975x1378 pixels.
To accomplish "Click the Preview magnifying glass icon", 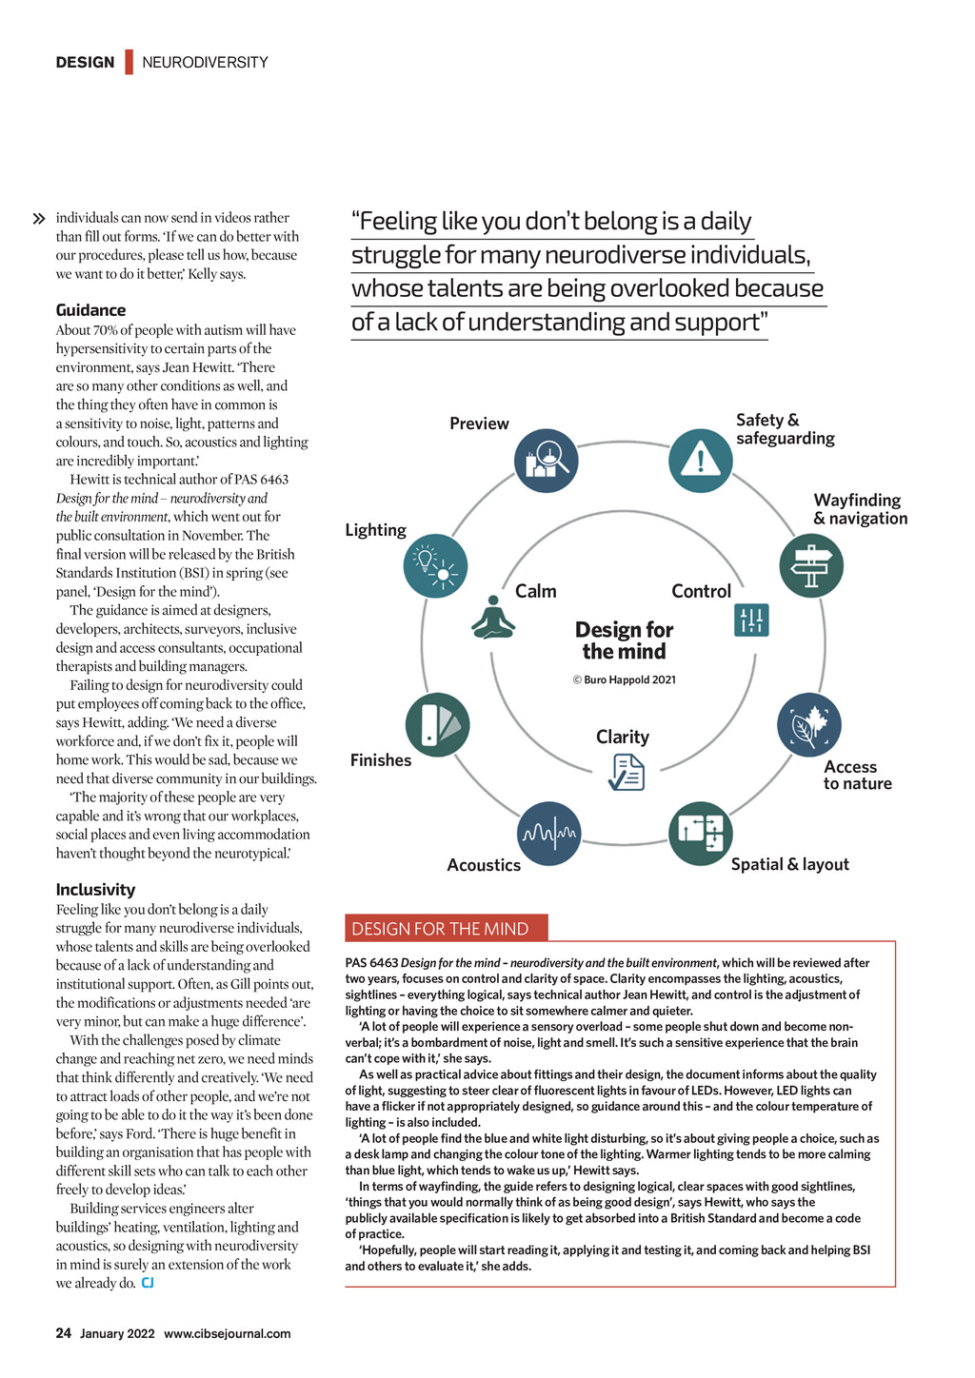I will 546,461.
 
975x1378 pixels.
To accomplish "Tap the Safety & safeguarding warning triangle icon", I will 701,461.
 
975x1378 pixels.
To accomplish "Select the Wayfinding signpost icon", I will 811,565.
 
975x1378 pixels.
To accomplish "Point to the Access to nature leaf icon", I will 809,724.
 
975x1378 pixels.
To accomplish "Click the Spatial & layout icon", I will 701,834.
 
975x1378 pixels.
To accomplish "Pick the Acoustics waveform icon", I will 548,834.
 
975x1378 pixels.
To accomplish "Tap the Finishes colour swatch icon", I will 438,725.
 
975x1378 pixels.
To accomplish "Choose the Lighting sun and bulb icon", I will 435,566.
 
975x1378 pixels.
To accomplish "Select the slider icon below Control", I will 751,620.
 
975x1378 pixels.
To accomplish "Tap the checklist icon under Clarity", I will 627,772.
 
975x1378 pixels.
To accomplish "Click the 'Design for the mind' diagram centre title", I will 624,640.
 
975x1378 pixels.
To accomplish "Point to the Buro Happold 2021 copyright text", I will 624,680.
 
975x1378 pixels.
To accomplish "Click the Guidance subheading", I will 90,310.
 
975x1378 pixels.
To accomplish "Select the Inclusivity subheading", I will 95,890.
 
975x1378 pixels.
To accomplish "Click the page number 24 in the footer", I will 64,1333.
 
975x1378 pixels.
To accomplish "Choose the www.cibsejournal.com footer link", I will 227,1333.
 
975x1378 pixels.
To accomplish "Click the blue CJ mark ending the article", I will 148,1283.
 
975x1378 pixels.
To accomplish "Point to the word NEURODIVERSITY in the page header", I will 205,63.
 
